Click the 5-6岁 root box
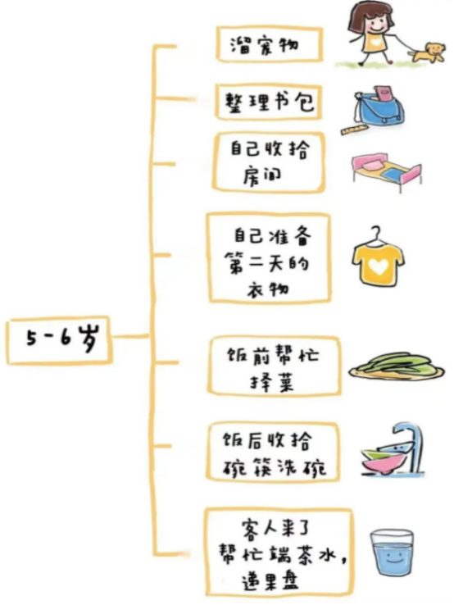[x=59, y=340]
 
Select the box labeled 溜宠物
[x=269, y=44]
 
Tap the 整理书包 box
[x=269, y=102]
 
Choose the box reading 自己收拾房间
[x=269, y=162]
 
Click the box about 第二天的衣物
[x=270, y=258]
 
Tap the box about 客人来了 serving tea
[x=279, y=553]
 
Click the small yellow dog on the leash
[x=428, y=52]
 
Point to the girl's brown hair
[x=366, y=16]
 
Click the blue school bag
[x=379, y=108]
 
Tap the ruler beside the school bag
[x=355, y=129]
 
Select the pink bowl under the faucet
[x=383, y=462]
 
